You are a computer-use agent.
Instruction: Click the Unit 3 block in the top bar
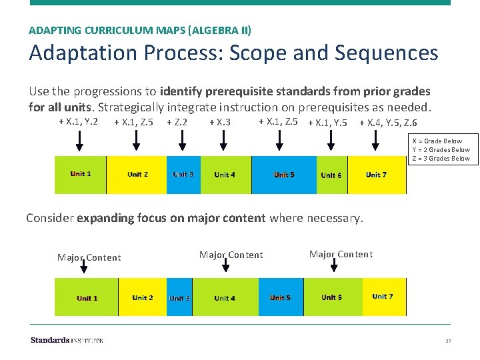183,175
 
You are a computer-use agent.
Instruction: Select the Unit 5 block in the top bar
284,175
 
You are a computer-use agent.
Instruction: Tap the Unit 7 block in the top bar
377,175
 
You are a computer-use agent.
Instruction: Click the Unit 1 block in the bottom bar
87,297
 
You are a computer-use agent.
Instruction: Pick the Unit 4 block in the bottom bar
225,297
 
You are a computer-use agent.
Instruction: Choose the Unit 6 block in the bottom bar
332,297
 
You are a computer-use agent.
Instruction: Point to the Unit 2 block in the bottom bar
143,297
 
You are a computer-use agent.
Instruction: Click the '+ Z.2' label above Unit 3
177,122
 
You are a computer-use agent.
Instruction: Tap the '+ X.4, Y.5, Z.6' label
388,123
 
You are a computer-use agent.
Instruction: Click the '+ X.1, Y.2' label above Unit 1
79,121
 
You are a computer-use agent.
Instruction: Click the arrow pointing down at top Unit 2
137,140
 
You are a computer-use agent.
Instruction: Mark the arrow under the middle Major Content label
225,266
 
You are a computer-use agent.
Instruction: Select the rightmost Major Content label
341,254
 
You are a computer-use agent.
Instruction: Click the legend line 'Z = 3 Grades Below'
441,159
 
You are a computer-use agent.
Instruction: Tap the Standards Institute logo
67,340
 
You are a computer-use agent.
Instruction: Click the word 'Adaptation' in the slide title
77,53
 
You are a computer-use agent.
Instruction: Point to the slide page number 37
448,341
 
